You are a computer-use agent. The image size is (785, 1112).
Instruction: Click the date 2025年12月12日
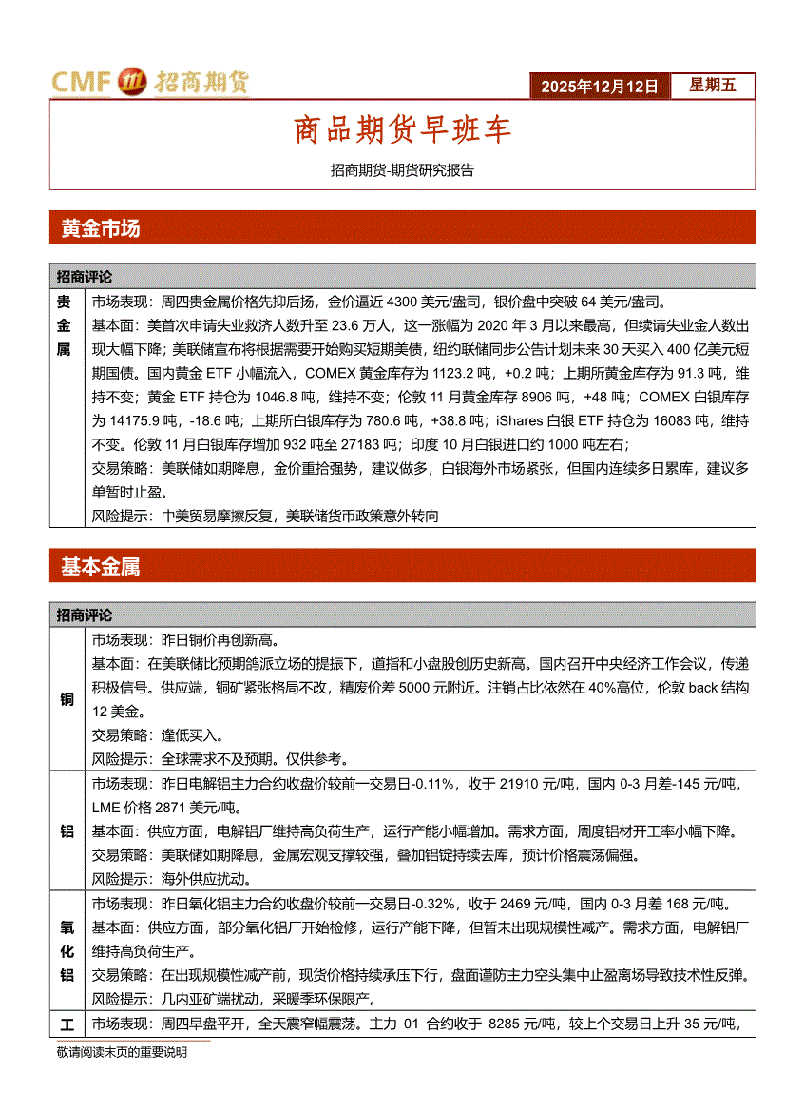(600, 87)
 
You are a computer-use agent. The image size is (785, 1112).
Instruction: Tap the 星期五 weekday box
(713, 86)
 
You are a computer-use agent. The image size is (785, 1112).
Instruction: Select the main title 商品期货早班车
(402, 129)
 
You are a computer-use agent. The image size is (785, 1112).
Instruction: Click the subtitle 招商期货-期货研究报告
(402, 171)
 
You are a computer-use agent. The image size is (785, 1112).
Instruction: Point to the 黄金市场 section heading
(100, 229)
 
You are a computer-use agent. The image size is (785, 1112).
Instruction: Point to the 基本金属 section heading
(100, 567)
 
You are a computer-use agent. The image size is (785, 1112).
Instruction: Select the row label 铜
(67, 700)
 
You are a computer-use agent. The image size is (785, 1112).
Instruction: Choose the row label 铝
(67, 831)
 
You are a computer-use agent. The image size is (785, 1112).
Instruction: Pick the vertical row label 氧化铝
(67, 949)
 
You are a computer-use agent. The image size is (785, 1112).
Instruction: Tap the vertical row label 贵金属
(64, 325)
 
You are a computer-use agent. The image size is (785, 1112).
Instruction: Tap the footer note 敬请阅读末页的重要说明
(122, 1052)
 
